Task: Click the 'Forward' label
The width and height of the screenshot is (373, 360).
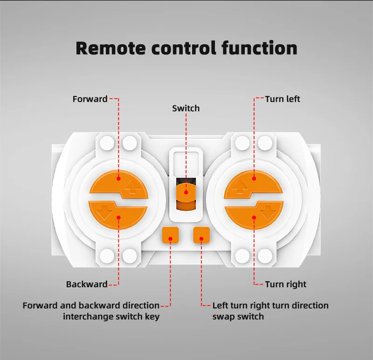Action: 90,99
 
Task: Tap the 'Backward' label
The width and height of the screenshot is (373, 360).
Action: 87,284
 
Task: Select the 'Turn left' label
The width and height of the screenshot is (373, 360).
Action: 283,99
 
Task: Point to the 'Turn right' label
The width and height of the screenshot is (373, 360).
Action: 285,284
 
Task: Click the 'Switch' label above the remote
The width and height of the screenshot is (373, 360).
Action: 186,108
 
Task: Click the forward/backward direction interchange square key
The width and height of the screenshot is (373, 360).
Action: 171,235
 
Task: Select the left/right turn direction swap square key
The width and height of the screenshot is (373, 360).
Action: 201,235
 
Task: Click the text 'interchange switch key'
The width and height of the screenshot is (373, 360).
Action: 111,317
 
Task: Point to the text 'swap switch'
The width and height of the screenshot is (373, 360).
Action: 238,317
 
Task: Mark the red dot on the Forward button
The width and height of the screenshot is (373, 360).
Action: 118,178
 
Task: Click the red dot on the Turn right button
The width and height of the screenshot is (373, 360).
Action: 254,217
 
